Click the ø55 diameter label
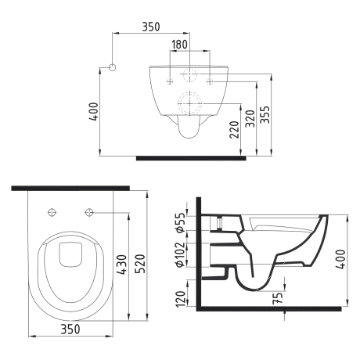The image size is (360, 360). (181, 223)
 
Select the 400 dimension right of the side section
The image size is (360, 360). (340, 258)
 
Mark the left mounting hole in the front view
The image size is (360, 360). (170, 80)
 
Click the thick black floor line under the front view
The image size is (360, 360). (191, 157)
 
